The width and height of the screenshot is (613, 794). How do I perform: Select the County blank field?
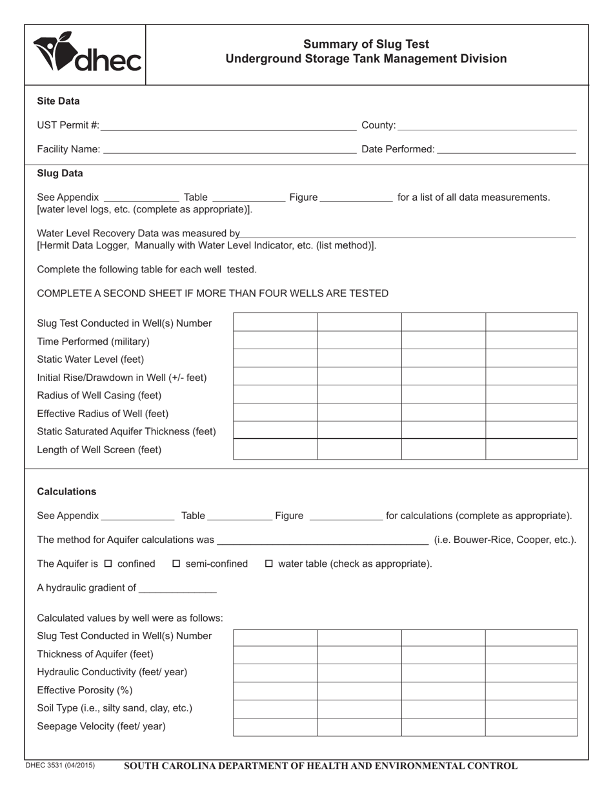(487, 125)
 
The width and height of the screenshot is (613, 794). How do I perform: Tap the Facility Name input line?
(229, 149)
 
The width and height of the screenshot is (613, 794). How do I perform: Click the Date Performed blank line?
(506, 149)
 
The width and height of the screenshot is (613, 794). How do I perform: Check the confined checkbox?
(108, 564)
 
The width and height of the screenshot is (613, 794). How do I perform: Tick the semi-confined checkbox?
(177, 564)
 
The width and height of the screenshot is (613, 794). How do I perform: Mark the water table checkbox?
(270, 564)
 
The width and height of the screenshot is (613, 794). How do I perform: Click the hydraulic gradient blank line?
(177, 588)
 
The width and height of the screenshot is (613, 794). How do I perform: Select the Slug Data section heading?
(60, 174)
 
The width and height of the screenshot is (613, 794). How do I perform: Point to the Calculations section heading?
(66, 491)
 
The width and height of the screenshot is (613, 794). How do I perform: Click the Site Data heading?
(59, 101)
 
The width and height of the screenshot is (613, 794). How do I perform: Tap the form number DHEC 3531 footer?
(60, 766)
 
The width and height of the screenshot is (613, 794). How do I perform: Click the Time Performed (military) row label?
(94, 341)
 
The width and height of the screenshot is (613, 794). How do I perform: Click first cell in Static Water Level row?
(275, 358)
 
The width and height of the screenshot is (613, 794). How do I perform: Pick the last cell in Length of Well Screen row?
(531, 449)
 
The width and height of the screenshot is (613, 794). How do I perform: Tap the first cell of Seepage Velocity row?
(275, 727)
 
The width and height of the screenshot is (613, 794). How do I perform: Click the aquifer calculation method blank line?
(323, 540)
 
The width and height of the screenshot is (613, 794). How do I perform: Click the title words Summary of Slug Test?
(366, 45)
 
